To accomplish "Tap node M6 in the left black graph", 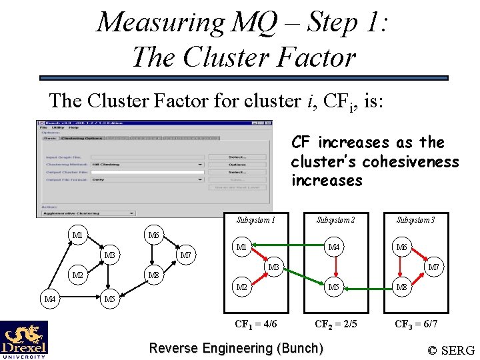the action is pos(153,235).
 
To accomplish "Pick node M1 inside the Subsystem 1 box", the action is pos(241,247).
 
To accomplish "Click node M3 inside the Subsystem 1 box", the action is pos(272,267).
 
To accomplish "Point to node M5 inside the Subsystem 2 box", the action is pos(334,287).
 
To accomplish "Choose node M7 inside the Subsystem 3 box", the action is pos(433,267).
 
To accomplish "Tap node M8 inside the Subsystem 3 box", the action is pos(401,287).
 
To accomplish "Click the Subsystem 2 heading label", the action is pos(335,219).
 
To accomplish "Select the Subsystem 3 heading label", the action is pos(415,219).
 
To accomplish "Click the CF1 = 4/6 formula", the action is pos(256,324).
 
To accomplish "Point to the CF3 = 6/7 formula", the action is pos(416,324).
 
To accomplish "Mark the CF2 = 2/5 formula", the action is pos(335,324).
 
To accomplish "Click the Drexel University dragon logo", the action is pos(24,339).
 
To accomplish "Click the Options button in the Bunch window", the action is pos(237,164).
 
